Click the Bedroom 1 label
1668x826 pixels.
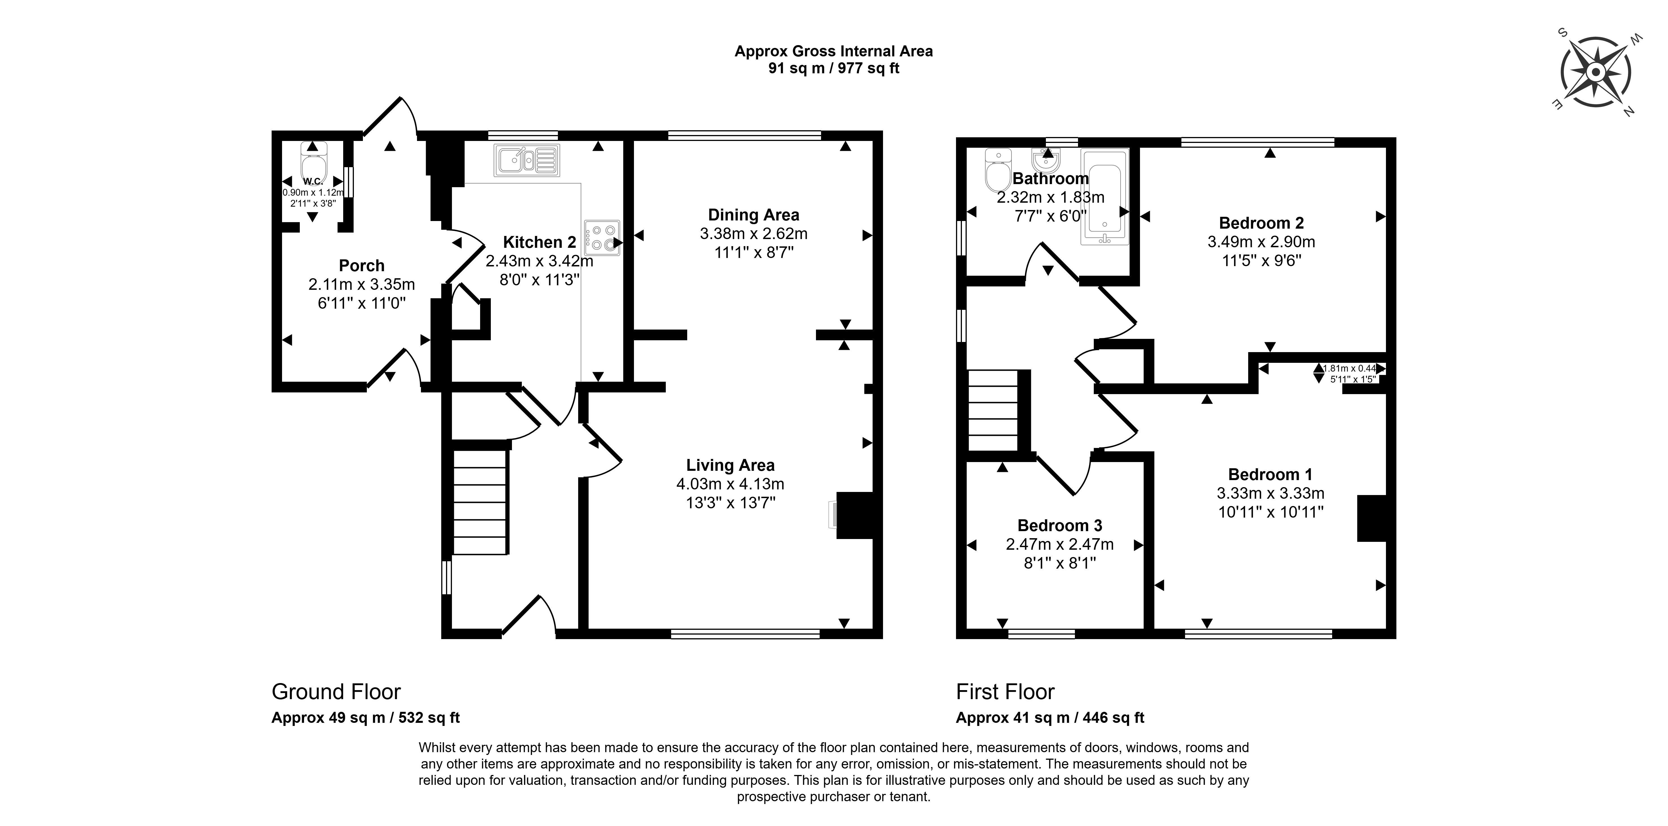(1270, 474)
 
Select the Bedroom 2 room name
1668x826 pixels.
(1261, 223)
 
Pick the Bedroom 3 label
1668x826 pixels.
(1059, 525)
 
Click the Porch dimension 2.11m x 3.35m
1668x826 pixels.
(361, 284)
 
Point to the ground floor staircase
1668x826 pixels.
(479, 502)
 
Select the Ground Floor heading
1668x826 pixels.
(336, 692)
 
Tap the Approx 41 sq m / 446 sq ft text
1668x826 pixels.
(1050, 718)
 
